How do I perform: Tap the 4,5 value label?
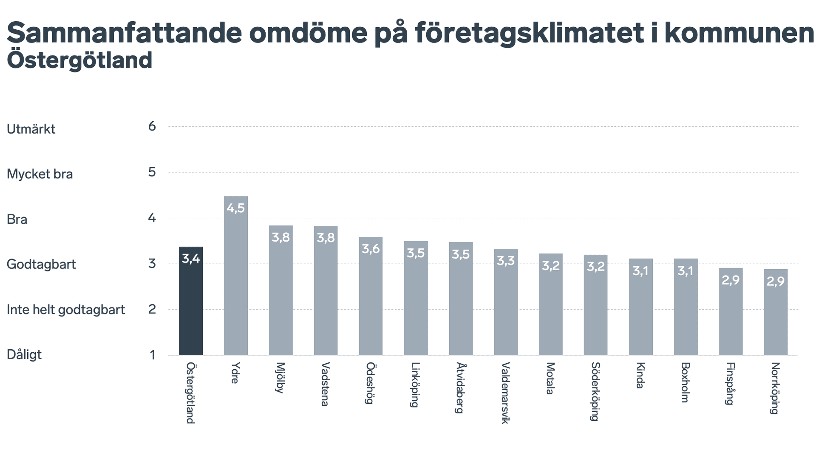(x=236, y=208)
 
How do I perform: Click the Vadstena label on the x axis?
(x=325, y=384)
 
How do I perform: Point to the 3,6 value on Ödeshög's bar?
(x=371, y=249)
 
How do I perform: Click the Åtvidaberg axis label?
(x=460, y=388)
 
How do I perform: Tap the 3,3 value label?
(x=506, y=261)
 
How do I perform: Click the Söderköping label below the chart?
(x=595, y=391)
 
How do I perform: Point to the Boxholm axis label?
(x=685, y=382)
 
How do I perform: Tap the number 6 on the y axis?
(x=152, y=126)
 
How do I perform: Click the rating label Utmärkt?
(x=31, y=129)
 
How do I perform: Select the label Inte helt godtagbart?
(x=66, y=310)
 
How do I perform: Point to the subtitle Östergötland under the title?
(x=79, y=60)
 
